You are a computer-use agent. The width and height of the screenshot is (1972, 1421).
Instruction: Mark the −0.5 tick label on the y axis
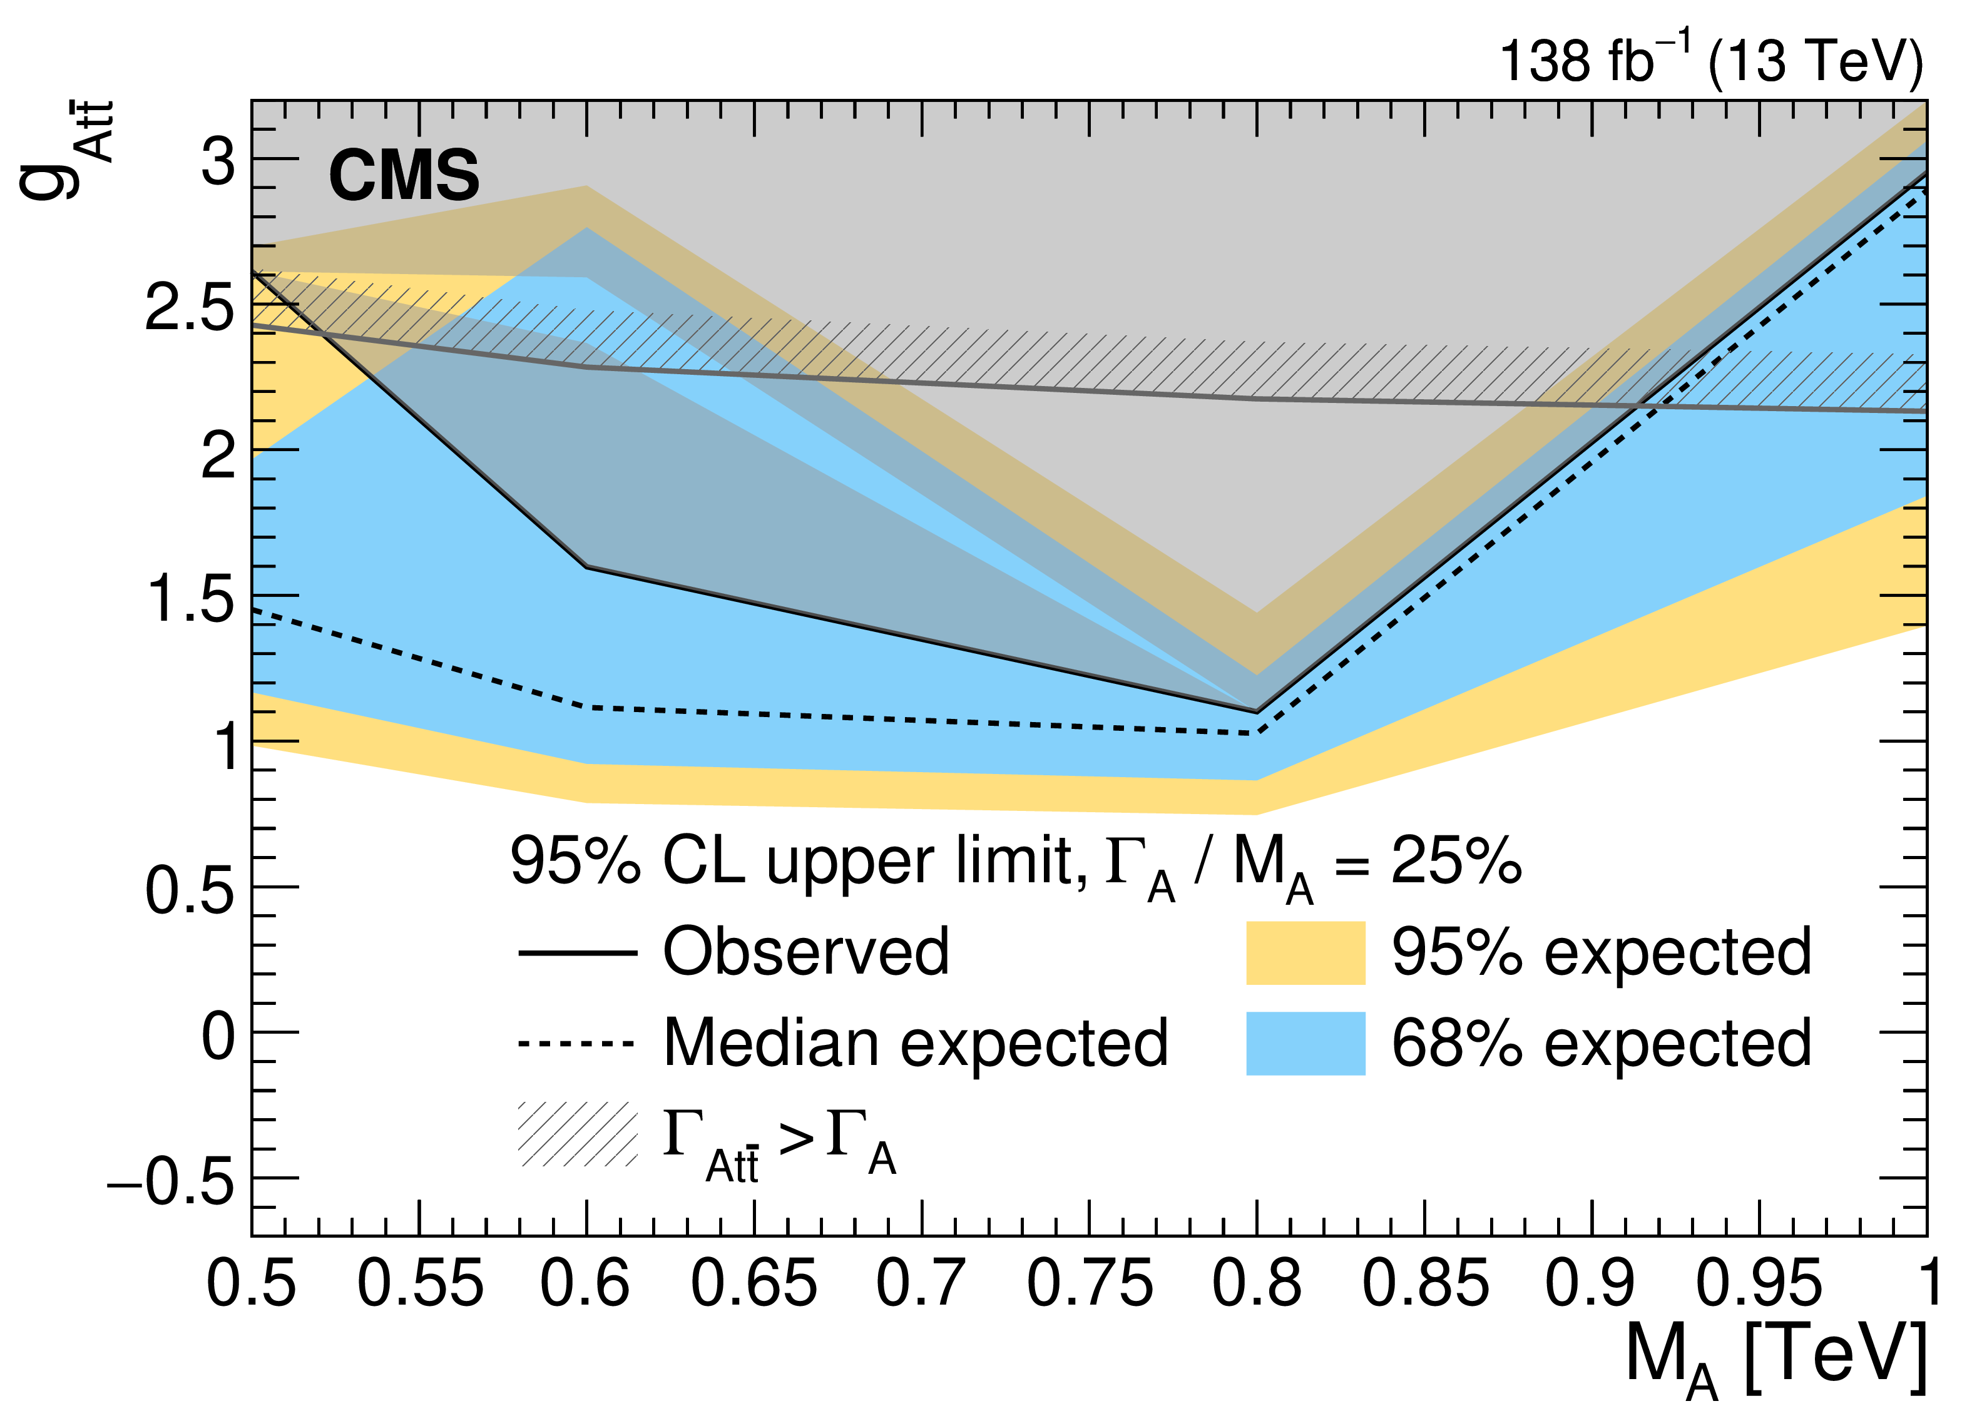(171, 1181)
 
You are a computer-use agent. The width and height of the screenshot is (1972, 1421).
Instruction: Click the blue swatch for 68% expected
(1305, 1044)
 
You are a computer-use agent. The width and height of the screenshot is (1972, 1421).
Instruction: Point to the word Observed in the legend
(806, 952)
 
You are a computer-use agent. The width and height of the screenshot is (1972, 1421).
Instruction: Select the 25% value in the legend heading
(1456, 861)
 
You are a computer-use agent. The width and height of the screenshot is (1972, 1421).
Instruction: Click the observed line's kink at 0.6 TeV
(588, 567)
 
